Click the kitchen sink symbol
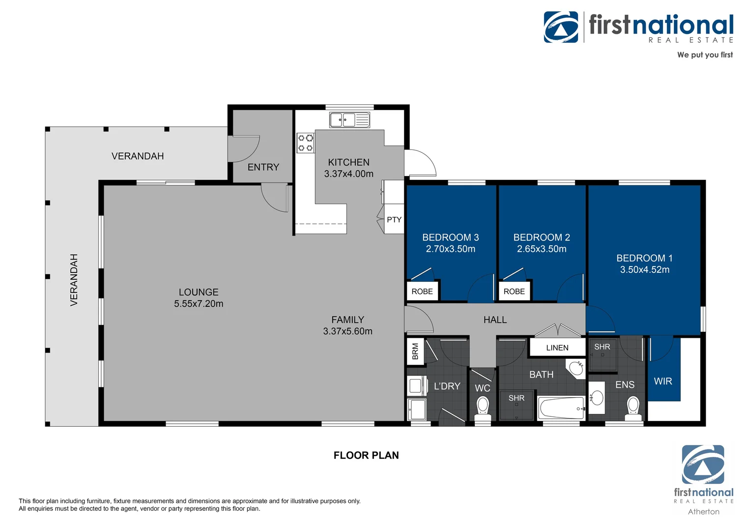(349, 119)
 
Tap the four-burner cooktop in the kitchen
(305, 143)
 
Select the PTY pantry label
(394, 220)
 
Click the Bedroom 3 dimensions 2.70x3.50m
(450, 249)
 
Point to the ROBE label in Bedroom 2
(514, 292)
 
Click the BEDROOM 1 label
(644, 258)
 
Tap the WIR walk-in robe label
(663, 381)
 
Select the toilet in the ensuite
(633, 408)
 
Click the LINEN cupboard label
(557, 348)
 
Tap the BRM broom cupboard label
(415, 351)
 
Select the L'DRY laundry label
(447, 386)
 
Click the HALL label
(495, 320)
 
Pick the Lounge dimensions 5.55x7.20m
(199, 304)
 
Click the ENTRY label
(263, 167)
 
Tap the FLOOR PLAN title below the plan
(366, 455)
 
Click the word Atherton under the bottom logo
(703, 512)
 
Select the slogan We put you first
(704, 55)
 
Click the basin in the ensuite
(597, 397)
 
